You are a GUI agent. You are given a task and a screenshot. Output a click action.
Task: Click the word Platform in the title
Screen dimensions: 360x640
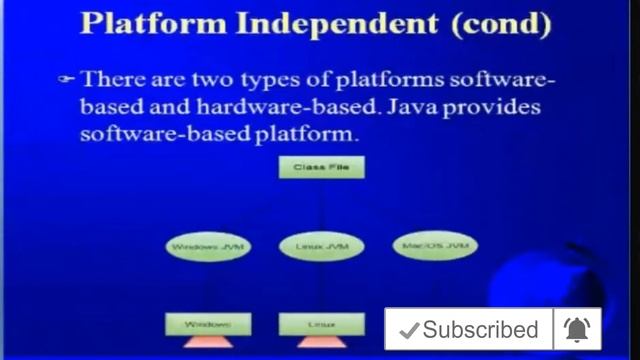click(153, 23)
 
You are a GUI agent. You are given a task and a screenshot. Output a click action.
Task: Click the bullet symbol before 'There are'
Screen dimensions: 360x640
click(67, 78)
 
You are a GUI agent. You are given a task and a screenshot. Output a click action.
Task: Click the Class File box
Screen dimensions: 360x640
click(321, 167)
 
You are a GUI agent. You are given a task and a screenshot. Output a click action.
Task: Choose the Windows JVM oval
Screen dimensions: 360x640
click(208, 245)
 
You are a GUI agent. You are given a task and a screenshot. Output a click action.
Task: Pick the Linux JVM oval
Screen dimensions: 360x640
click(321, 245)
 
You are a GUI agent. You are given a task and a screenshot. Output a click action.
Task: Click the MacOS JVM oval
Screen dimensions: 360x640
click(434, 244)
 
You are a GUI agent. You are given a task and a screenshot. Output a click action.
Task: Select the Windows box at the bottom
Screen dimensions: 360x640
click(208, 324)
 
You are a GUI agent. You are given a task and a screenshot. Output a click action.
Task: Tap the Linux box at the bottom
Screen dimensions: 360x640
click(321, 324)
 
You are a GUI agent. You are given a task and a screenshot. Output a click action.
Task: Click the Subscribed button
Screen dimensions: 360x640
click(470, 330)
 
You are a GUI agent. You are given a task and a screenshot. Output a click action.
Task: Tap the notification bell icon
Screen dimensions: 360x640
click(577, 329)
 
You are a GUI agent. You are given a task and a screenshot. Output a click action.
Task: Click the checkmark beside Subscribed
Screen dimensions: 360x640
click(408, 330)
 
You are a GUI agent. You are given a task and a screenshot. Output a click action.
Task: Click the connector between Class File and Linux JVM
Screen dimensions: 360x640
click(321, 206)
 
